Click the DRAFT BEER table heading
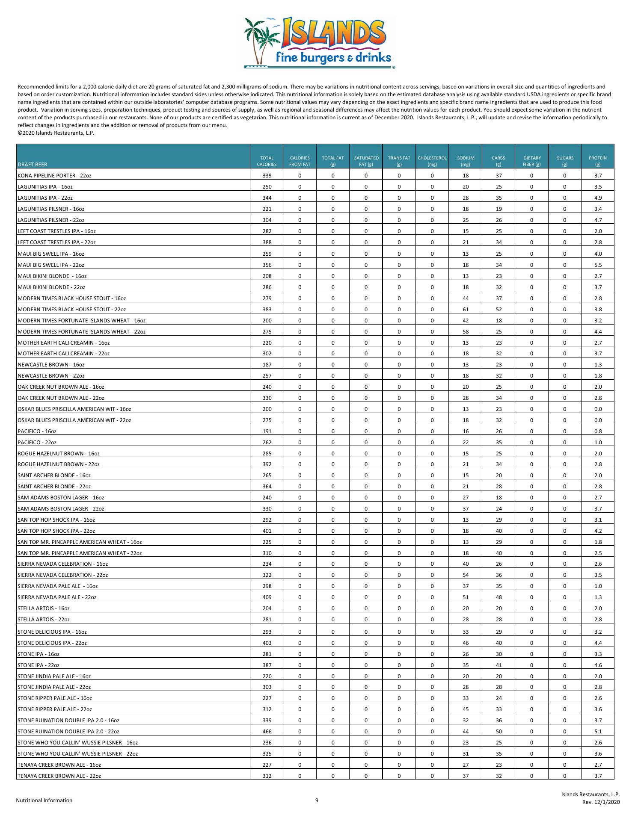[x=33, y=164]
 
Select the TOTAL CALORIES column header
[x=267, y=161]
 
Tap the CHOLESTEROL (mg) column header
[x=432, y=161]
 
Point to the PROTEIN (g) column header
[x=598, y=161]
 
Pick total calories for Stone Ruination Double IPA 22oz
[x=267, y=732]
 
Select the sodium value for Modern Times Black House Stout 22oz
[x=466, y=309]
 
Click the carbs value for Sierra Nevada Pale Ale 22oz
[x=499, y=597]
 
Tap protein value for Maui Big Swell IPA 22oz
[x=598, y=265]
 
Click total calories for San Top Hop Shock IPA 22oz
[x=267, y=531]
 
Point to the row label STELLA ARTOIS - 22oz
[x=44, y=620]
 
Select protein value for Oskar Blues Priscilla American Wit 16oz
[x=598, y=409]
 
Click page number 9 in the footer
[x=317, y=800]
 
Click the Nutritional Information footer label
[x=44, y=800]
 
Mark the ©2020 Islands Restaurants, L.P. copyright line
[x=56, y=133]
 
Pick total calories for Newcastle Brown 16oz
[x=267, y=365]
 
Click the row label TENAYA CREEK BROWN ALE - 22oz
[x=59, y=776]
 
